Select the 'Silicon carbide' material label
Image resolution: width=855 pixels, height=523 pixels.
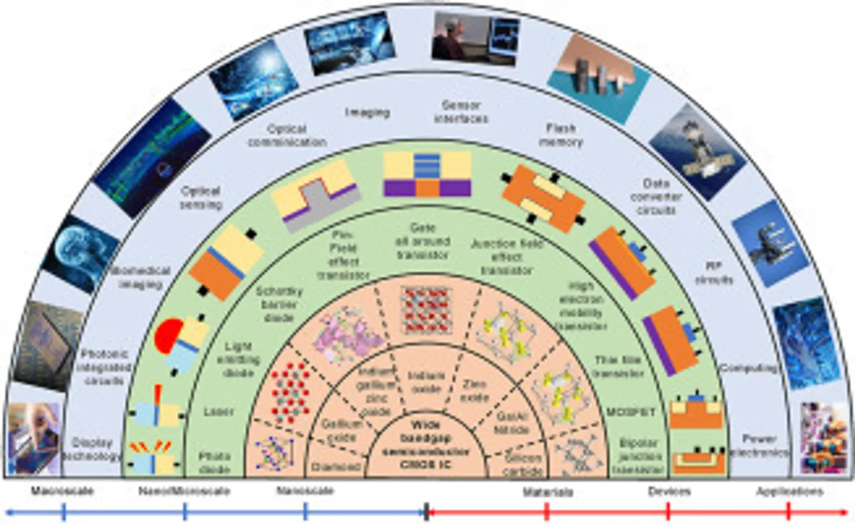click(523, 464)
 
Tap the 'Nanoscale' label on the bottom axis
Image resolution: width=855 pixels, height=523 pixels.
click(305, 492)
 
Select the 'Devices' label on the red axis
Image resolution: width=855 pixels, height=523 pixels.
click(669, 492)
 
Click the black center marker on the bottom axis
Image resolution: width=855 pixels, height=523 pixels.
click(426, 512)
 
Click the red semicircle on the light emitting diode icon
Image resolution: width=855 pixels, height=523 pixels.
click(168, 334)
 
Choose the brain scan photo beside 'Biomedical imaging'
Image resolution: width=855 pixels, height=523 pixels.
click(81, 252)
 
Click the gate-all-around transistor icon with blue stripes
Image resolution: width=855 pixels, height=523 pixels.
click(427, 173)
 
